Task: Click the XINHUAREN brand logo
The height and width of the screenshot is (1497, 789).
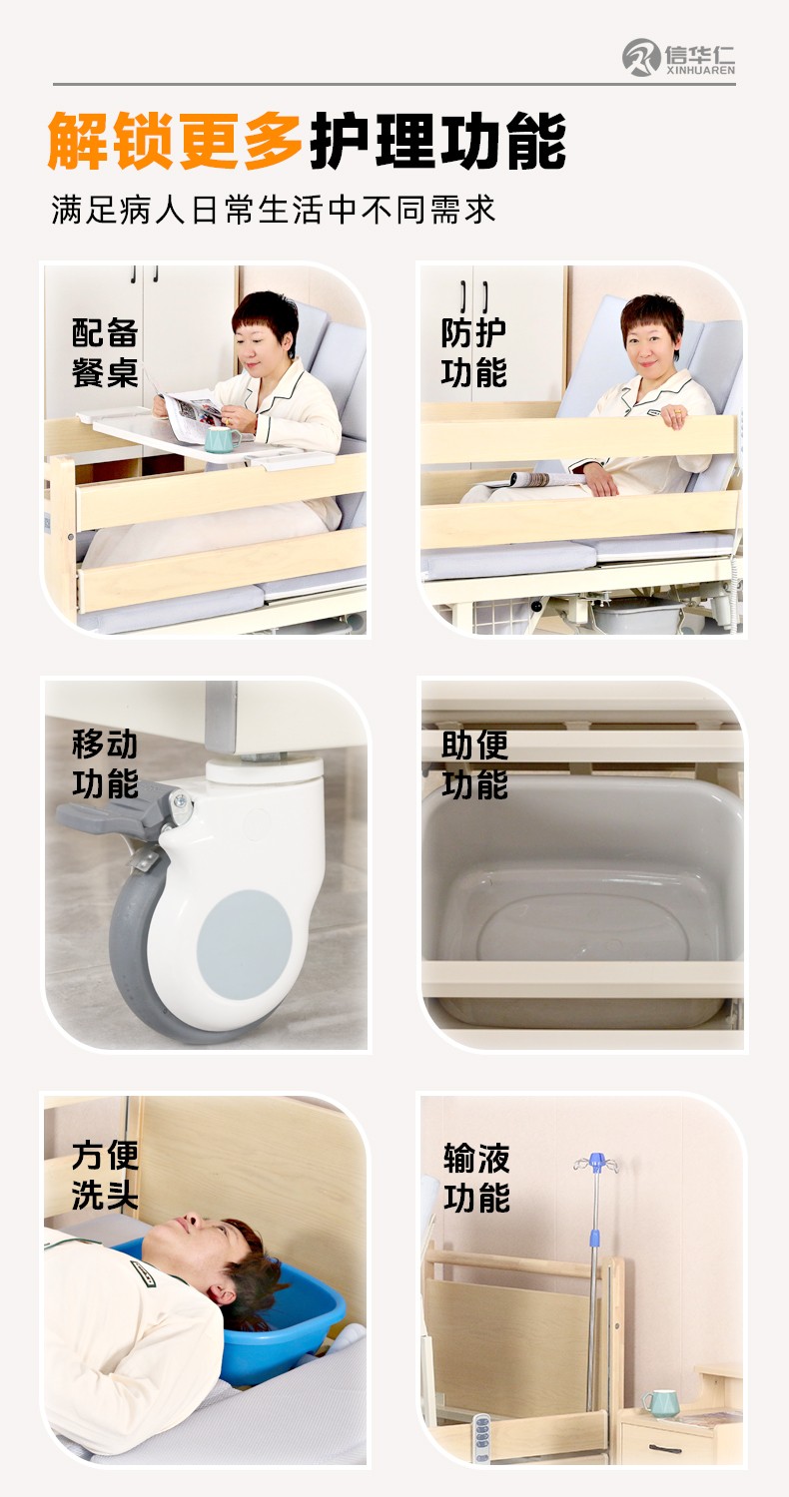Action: (x=678, y=58)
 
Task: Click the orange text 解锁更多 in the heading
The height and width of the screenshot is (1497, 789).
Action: (x=175, y=141)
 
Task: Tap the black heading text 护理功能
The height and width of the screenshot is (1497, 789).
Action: (x=438, y=141)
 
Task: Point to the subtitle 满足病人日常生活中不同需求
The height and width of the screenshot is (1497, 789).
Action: (x=274, y=210)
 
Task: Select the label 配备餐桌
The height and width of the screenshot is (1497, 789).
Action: (x=105, y=352)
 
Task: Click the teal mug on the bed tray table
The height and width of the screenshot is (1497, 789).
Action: (x=222, y=438)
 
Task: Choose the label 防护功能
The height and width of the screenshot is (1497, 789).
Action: (x=473, y=352)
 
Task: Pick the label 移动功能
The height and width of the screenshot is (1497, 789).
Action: (x=105, y=763)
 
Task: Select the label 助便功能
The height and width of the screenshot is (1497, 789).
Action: (x=474, y=763)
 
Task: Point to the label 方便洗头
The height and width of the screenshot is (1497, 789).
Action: (x=105, y=1176)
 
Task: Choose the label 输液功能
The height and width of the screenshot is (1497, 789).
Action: (x=476, y=1177)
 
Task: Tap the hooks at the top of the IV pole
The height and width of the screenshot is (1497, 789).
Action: (x=596, y=1163)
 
